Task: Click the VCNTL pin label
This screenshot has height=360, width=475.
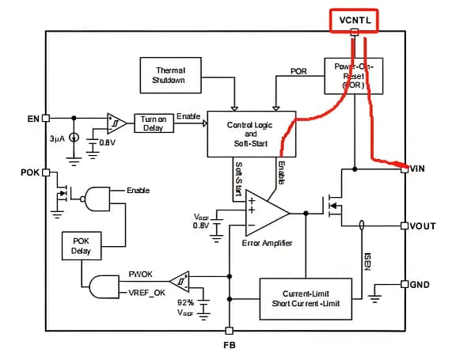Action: coord(353,18)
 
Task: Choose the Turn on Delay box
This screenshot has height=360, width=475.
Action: coord(153,123)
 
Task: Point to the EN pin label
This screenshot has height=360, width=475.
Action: coord(32,119)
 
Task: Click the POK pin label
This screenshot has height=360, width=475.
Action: coord(30,172)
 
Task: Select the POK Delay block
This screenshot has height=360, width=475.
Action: coord(82,245)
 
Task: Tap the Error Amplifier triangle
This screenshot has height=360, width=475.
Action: coord(264,213)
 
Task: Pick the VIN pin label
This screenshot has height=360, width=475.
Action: coord(419,168)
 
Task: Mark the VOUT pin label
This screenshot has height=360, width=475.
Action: coord(423,226)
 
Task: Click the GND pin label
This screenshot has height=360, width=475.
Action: coord(420,284)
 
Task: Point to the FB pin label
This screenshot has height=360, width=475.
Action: coord(230,345)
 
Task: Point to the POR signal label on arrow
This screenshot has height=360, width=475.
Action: coord(298,70)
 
